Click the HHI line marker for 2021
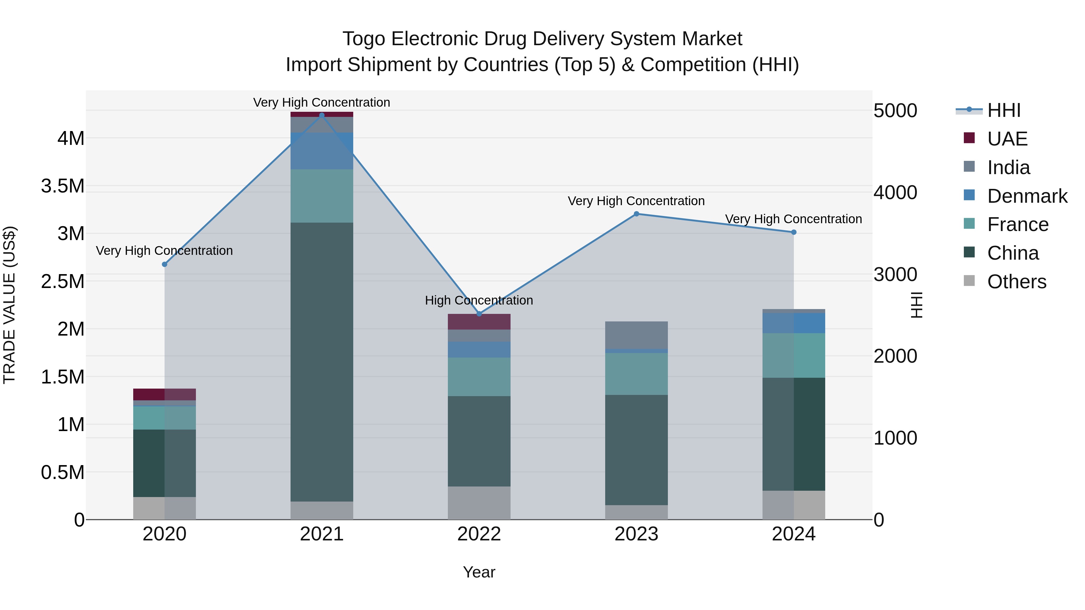(x=322, y=115)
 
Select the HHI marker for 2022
(x=479, y=314)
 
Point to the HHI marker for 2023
(x=637, y=214)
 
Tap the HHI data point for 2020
(x=165, y=264)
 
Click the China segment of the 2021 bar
(x=322, y=362)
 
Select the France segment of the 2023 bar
(x=637, y=374)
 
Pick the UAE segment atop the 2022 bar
(x=479, y=322)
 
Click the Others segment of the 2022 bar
(x=479, y=503)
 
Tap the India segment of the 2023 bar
(x=637, y=335)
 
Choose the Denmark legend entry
(x=1027, y=196)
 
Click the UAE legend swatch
(x=969, y=138)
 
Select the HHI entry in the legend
(x=1004, y=110)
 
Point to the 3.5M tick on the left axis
(x=63, y=186)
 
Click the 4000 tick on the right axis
(x=895, y=192)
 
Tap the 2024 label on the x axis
(x=794, y=534)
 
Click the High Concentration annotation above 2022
(x=479, y=300)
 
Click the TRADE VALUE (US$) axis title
(x=9, y=305)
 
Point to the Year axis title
(x=479, y=572)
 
